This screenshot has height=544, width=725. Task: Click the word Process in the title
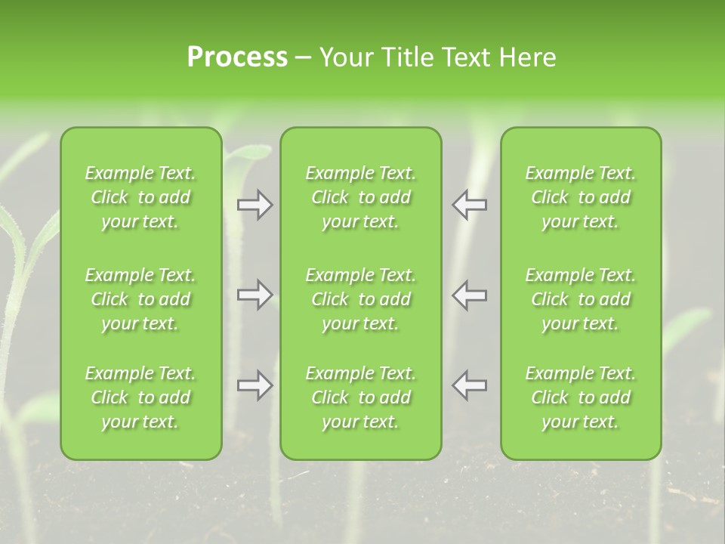pos(237,57)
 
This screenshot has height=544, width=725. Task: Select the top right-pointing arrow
pos(255,205)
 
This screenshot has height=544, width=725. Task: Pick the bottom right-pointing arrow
pos(255,385)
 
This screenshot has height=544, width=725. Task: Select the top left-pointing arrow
pos(470,205)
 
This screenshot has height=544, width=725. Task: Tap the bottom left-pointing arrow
pos(470,385)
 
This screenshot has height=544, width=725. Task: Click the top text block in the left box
pos(140,197)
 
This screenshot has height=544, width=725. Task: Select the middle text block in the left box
pos(140,299)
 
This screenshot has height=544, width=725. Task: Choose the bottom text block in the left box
pos(140,397)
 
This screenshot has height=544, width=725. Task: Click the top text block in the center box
pos(361,197)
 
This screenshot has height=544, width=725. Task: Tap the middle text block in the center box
pos(361,299)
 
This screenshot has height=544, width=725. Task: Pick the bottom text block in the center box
pos(361,397)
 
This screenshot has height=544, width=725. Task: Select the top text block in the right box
pos(581,197)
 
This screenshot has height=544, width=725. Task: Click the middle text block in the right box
pos(581,299)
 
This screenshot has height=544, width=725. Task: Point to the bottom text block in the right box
pos(581,397)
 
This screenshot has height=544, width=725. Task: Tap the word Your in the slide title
pos(344,57)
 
